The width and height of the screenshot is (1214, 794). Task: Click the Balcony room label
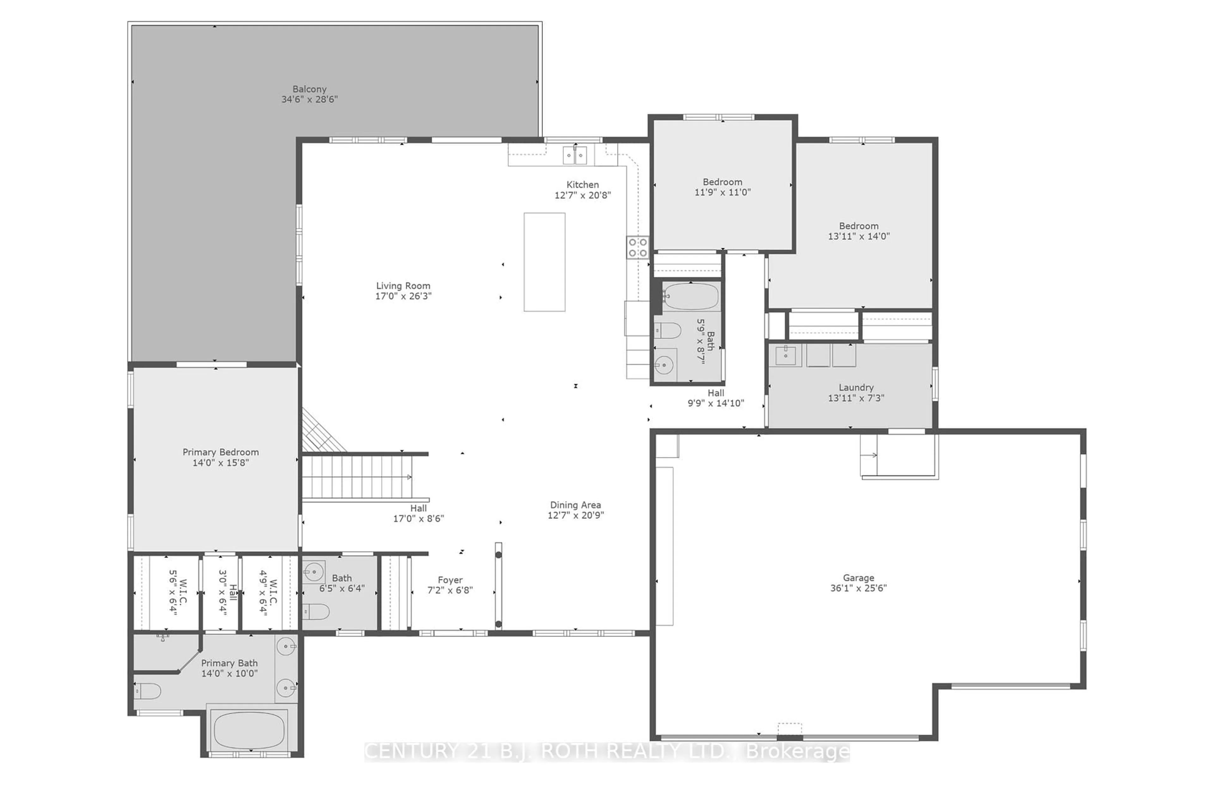309,89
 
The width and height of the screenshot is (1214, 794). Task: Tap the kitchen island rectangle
544,262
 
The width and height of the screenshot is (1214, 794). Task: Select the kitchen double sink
575,155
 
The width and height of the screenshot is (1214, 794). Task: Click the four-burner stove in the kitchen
638,247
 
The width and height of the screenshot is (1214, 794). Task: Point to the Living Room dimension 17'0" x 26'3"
403,296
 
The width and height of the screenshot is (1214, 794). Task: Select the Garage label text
858,578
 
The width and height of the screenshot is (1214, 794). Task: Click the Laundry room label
856,388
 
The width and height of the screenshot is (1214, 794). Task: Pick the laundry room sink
786,356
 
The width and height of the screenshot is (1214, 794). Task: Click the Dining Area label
575,505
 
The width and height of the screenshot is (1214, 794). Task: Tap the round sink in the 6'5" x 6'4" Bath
313,572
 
